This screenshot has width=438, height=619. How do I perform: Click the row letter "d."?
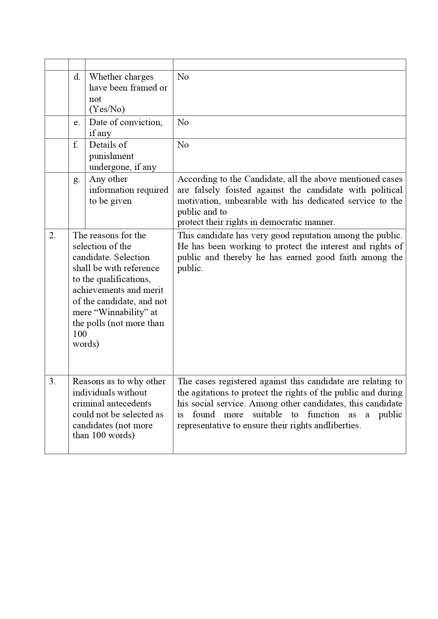pyautogui.click(x=77, y=77)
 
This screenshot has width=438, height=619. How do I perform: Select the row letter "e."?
pyautogui.click(x=77, y=122)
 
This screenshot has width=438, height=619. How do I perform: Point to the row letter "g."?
pyautogui.click(x=77, y=179)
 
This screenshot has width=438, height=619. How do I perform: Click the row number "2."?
pyautogui.click(x=53, y=235)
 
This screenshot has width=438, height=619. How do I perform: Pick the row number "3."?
pyautogui.click(x=53, y=381)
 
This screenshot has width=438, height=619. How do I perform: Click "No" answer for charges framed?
pyautogui.click(x=183, y=77)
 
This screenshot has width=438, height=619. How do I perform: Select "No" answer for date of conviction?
pyautogui.click(x=183, y=122)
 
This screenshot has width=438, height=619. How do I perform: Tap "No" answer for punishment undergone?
pyautogui.click(x=183, y=145)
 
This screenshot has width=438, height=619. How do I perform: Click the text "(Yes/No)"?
pyautogui.click(x=107, y=109)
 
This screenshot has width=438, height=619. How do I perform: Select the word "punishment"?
pyautogui.click(x=111, y=156)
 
